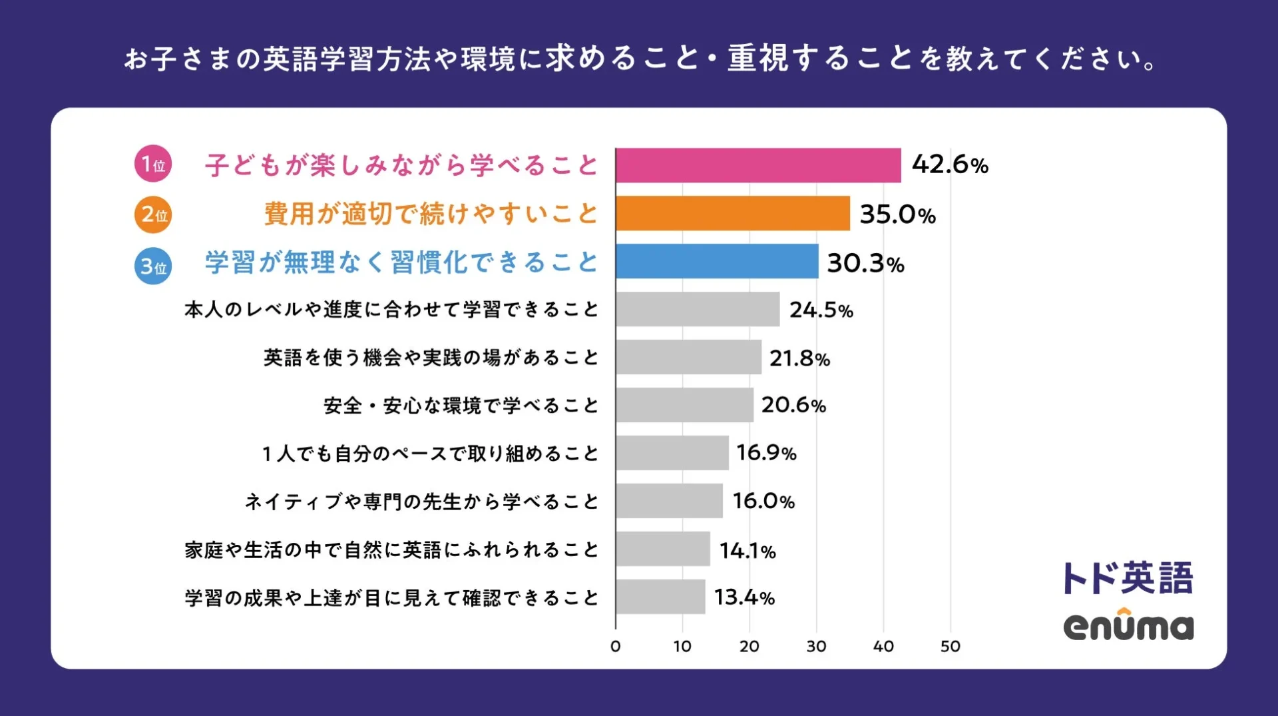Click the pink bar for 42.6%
(757, 165)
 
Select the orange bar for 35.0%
(732, 213)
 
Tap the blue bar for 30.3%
(716, 261)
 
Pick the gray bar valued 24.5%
(697, 309)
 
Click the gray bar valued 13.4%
(660, 597)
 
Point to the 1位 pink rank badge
(153, 164)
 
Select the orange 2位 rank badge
(153, 214)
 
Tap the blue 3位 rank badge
(153, 266)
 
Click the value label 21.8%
(799, 358)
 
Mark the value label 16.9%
(766, 453)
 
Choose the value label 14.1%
(747, 550)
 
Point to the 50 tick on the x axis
(950, 646)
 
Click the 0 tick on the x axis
(615, 646)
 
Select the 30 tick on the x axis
(816, 646)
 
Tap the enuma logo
(1128, 626)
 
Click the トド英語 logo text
(1128, 577)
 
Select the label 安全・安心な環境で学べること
(461, 405)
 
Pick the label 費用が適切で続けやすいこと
(431, 214)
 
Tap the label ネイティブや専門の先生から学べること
(421, 501)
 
